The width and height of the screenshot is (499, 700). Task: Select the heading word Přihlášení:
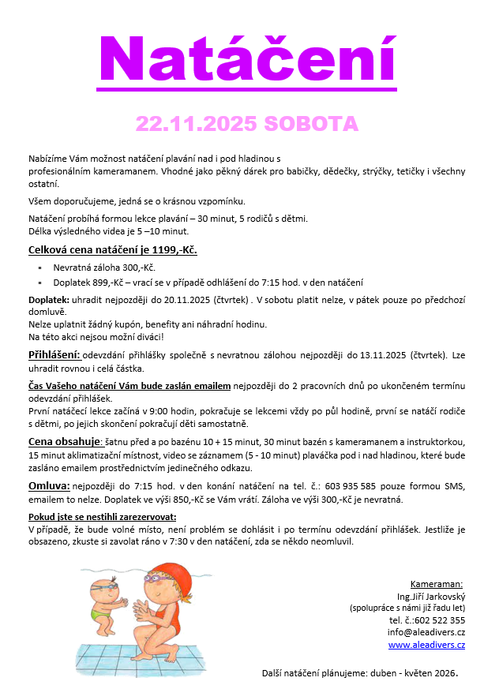click(54, 354)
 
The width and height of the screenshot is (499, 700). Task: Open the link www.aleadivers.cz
click(426, 645)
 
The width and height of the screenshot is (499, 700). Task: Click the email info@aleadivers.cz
click(426, 632)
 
